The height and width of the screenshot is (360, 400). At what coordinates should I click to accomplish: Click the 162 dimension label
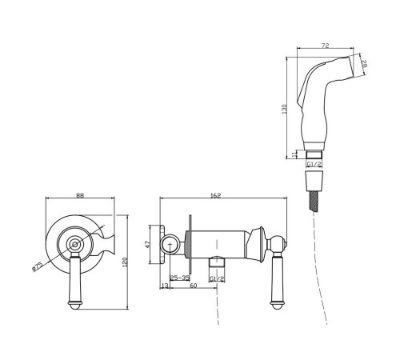(215, 195)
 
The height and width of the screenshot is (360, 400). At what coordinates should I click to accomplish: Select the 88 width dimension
(80, 195)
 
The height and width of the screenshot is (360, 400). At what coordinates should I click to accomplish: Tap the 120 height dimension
(125, 262)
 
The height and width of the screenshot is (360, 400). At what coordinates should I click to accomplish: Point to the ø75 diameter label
(37, 267)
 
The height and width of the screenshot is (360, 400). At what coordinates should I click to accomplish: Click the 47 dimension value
(148, 244)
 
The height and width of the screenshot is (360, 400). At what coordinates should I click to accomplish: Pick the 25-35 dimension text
(180, 278)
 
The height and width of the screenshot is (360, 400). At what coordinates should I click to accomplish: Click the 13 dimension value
(165, 286)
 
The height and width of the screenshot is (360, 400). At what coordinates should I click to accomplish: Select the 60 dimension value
(193, 286)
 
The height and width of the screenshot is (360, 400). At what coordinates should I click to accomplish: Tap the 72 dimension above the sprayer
(325, 46)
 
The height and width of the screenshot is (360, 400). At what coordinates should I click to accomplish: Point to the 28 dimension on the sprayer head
(364, 64)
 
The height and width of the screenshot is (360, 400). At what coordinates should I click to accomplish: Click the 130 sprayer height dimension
(284, 109)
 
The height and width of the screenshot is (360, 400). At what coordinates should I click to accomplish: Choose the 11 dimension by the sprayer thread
(294, 154)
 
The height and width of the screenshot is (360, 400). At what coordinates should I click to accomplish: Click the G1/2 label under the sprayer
(314, 164)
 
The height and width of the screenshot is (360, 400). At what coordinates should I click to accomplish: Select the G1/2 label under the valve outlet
(217, 279)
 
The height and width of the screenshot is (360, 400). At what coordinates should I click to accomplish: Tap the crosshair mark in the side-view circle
(170, 244)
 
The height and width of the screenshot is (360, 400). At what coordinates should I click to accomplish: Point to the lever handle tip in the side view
(276, 305)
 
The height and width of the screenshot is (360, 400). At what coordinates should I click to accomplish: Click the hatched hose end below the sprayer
(314, 201)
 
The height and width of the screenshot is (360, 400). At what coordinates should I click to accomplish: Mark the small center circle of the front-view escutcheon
(75, 244)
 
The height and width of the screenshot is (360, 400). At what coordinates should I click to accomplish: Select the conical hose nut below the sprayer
(314, 181)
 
